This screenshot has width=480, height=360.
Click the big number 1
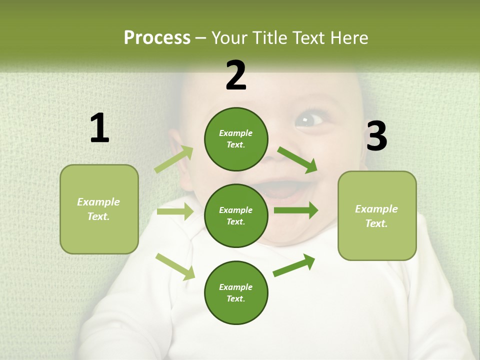[x=99, y=128]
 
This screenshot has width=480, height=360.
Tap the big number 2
[x=236, y=75]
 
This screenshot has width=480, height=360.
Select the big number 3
[x=376, y=136]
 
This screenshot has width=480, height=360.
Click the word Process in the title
[x=157, y=37]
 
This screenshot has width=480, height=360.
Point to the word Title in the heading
[x=270, y=37]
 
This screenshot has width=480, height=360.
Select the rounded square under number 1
[x=99, y=209]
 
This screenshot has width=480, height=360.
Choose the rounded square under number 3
[x=377, y=215]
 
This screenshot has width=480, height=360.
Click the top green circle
[x=236, y=139]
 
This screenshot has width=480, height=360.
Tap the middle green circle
[x=236, y=215]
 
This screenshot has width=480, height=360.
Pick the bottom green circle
[x=236, y=292]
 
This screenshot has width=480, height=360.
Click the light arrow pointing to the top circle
[x=174, y=159]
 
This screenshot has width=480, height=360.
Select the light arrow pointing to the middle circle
[x=175, y=211]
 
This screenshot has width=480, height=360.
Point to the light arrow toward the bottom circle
[x=175, y=266]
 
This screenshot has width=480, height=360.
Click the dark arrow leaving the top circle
[x=297, y=160]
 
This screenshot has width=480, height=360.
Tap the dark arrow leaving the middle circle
[x=296, y=210]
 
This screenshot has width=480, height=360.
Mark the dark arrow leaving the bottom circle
[x=294, y=265]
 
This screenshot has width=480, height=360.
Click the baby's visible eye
[x=309, y=120]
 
